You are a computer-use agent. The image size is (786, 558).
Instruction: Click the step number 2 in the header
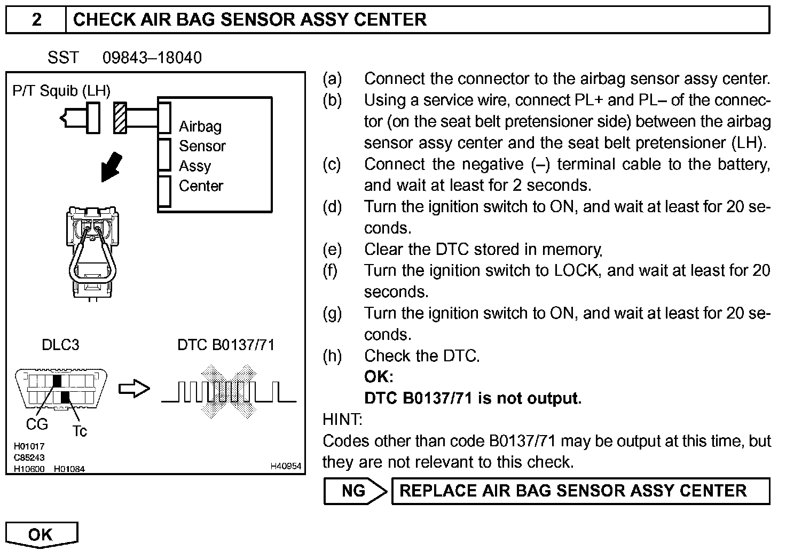pyautogui.click(x=36, y=20)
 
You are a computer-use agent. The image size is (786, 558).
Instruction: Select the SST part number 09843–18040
pyautogui.click(x=152, y=58)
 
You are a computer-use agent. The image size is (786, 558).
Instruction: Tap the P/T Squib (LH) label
pyautogui.click(x=61, y=91)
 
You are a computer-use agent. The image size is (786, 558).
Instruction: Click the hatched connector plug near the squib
pyautogui.click(x=120, y=118)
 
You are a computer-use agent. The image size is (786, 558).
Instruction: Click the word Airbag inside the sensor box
pyautogui.click(x=200, y=127)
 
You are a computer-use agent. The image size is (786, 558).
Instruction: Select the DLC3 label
pyautogui.click(x=60, y=345)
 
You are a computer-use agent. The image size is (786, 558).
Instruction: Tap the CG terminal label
pyautogui.click(x=37, y=424)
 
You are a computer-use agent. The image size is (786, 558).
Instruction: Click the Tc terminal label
pyautogui.click(x=79, y=431)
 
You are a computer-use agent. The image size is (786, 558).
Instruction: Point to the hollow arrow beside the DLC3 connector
pyautogui.click(x=133, y=389)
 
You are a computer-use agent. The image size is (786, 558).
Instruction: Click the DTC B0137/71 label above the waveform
pyautogui.click(x=226, y=345)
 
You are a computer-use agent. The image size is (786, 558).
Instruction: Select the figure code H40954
pyautogui.click(x=286, y=467)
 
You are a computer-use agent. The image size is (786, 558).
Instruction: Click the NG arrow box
pyautogui.click(x=355, y=491)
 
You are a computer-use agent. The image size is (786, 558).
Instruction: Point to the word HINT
pyautogui.click(x=342, y=420)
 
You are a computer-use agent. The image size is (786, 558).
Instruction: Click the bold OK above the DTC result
pyautogui.click(x=378, y=377)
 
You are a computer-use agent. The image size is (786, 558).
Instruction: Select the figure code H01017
pyautogui.click(x=29, y=446)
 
